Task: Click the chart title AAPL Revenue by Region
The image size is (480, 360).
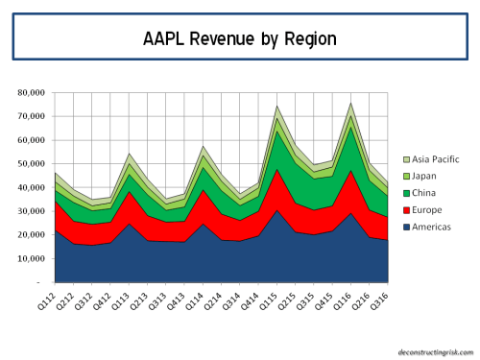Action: tap(239, 39)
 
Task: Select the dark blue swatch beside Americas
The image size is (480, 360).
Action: tap(403, 225)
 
